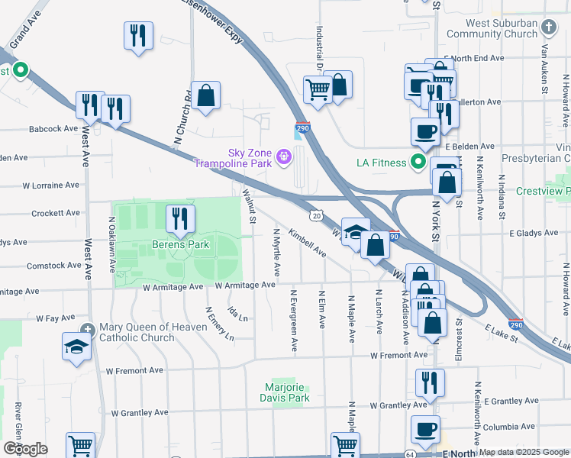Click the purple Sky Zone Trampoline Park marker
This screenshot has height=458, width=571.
point(284,158)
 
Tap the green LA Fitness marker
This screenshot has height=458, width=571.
point(418,162)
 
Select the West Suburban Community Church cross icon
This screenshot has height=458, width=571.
point(548,28)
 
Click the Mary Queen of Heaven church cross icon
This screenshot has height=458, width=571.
point(91,327)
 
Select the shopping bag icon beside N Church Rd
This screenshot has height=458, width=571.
point(205,96)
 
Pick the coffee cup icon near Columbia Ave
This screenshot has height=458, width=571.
point(425,429)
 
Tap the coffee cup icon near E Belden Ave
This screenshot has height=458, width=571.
point(425,131)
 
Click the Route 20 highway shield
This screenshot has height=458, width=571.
point(315,217)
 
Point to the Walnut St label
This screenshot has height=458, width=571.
point(248,207)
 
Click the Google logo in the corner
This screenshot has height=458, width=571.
point(25,448)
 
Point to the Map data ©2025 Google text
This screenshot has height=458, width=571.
point(523,452)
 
